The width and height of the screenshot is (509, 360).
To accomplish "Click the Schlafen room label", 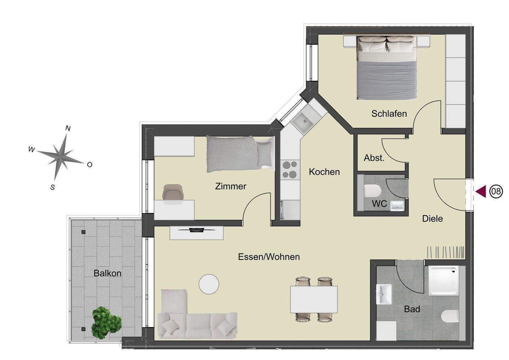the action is point(389,114).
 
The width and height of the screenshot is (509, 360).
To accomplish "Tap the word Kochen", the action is point(324,172).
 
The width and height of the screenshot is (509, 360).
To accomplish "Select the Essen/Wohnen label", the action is point(269,257).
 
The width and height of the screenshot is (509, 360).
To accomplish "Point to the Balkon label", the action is point(107,273).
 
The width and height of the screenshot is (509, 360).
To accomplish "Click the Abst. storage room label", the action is point(374,158).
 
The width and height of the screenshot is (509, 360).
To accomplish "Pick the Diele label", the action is point(432,219).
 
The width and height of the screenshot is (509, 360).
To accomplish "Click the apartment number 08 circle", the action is point(496,191).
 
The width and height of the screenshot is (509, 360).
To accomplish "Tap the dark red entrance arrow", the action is point(481,191).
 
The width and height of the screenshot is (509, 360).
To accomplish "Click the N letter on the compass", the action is point(68,129).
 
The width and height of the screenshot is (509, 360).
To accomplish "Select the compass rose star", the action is point(60,157).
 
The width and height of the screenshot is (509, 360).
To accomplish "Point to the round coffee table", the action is point(209,284).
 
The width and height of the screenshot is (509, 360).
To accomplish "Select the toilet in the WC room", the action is point(372,191).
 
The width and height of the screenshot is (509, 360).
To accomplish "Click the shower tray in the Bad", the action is point(443,281).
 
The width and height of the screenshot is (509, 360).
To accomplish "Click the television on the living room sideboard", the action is point(197,230).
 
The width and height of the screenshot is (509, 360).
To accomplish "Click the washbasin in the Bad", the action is point(384,294).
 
